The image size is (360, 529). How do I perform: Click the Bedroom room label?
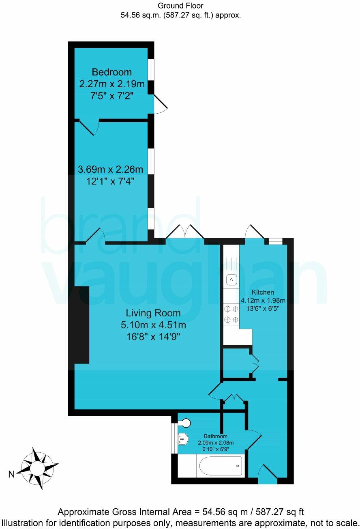(111, 72)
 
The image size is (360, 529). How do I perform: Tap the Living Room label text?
(153, 313)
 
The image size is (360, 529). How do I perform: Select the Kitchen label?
(263, 292)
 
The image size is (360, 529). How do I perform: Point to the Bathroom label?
(215, 436)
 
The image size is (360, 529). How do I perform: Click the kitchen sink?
(231, 279)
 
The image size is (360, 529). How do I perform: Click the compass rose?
(37, 469)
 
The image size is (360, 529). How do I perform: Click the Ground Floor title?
(180, 6)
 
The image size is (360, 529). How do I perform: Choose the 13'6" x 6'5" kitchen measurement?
(263, 308)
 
